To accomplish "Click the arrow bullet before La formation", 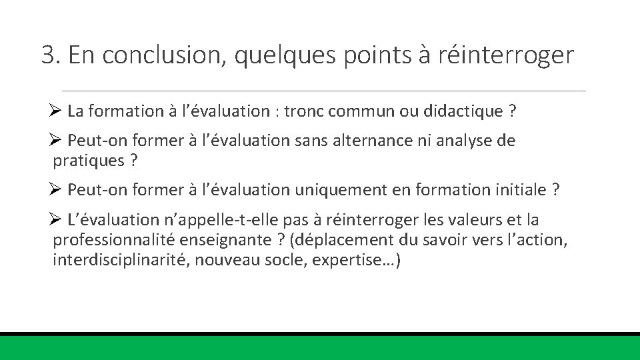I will (56, 111).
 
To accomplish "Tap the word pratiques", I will (88, 160).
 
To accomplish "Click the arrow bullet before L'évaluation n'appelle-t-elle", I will (56, 220).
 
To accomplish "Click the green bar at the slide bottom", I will (320, 348).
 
